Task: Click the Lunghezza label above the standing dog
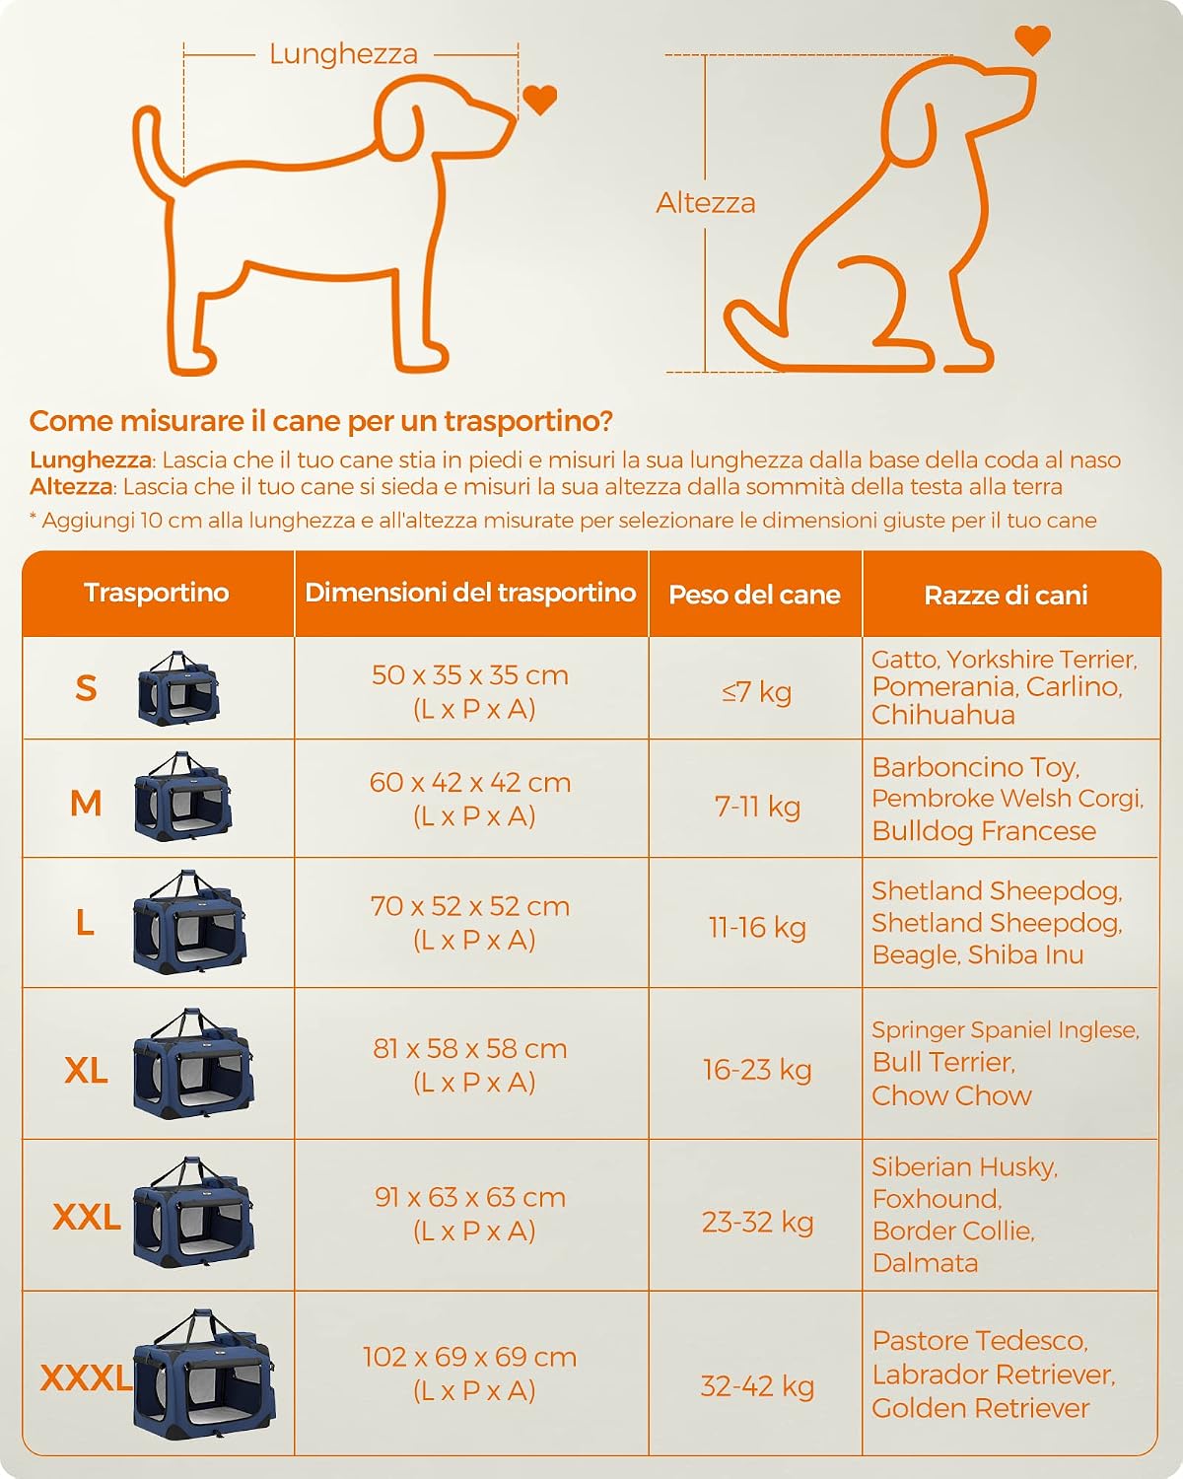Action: (343, 54)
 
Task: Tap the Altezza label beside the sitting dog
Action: (706, 203)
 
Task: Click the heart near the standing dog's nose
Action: (539, 100)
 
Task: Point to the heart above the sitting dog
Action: (1032, 39)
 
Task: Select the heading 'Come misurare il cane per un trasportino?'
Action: (321, 421)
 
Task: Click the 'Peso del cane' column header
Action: (755, 595)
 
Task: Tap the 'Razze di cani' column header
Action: (1006, 596)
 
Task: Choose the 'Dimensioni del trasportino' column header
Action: (471, 593)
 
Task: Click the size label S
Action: (86, 688)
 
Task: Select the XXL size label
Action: (87, 1217)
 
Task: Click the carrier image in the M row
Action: (182, 797)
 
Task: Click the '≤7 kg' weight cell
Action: (757, 691)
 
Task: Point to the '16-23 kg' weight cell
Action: (757, 1070)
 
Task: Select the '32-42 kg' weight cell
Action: (757, 1386)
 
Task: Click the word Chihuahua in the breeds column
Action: (943, 715)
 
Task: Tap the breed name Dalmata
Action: (926, 1262)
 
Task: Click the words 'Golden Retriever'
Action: (981, 1408)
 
